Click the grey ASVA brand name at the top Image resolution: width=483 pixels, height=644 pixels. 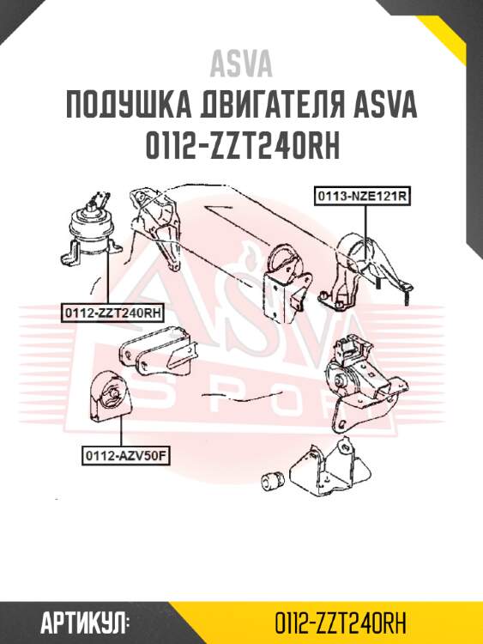tap(241, 64)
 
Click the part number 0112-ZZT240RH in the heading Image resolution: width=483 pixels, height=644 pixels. tap(241, 147)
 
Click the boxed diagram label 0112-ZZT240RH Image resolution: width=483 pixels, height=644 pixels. tap(112, 313)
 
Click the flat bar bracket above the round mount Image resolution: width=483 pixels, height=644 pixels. tap(154, 353)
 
